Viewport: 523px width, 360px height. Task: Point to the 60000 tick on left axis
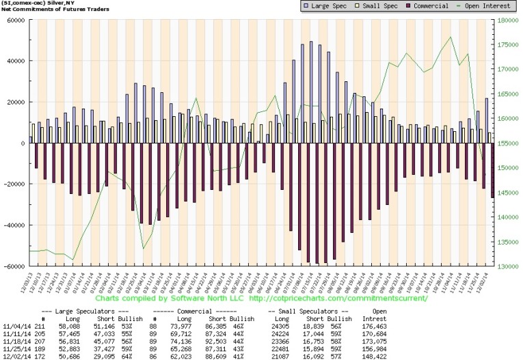click(x=14, y=20)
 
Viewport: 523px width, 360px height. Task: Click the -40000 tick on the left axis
click(x=14, y=225)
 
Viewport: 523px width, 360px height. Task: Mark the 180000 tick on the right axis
click(x=507, y=20)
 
